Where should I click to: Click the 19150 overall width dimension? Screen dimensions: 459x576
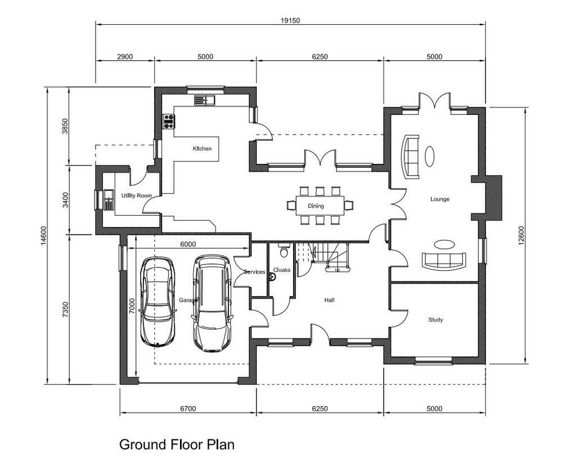pos(290,20)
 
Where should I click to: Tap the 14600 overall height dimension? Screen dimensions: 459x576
pos(43,235)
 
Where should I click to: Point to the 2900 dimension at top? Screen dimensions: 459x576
pos(124,56)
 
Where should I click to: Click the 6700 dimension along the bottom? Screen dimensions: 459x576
pos(188,408)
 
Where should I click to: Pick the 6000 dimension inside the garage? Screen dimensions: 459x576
pos(188,244)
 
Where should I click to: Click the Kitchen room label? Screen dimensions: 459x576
pos(202,149)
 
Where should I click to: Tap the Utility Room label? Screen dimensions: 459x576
pos(137,195)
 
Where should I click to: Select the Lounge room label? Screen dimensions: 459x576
pos(439,199)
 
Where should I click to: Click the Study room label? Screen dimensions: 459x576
pos(435,320)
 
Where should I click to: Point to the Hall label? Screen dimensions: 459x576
pos(329,300)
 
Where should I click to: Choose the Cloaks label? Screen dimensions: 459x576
pos(282,270)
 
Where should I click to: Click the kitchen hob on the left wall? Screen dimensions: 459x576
pos(168,121)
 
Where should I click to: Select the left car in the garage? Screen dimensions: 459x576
pos(157,301)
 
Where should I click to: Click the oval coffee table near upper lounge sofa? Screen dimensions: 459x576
pos(429,155)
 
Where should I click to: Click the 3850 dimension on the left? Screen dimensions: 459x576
pos(65,126)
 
